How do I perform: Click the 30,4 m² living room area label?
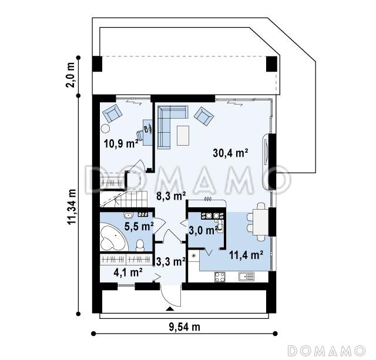229,153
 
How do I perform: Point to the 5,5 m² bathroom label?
139,225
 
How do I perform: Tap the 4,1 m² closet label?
127,272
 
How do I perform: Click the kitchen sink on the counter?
246,277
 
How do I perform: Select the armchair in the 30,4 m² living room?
204,116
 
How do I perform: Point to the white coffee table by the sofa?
183,135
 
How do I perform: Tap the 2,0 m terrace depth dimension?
72,74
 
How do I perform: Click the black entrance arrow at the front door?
170,307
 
